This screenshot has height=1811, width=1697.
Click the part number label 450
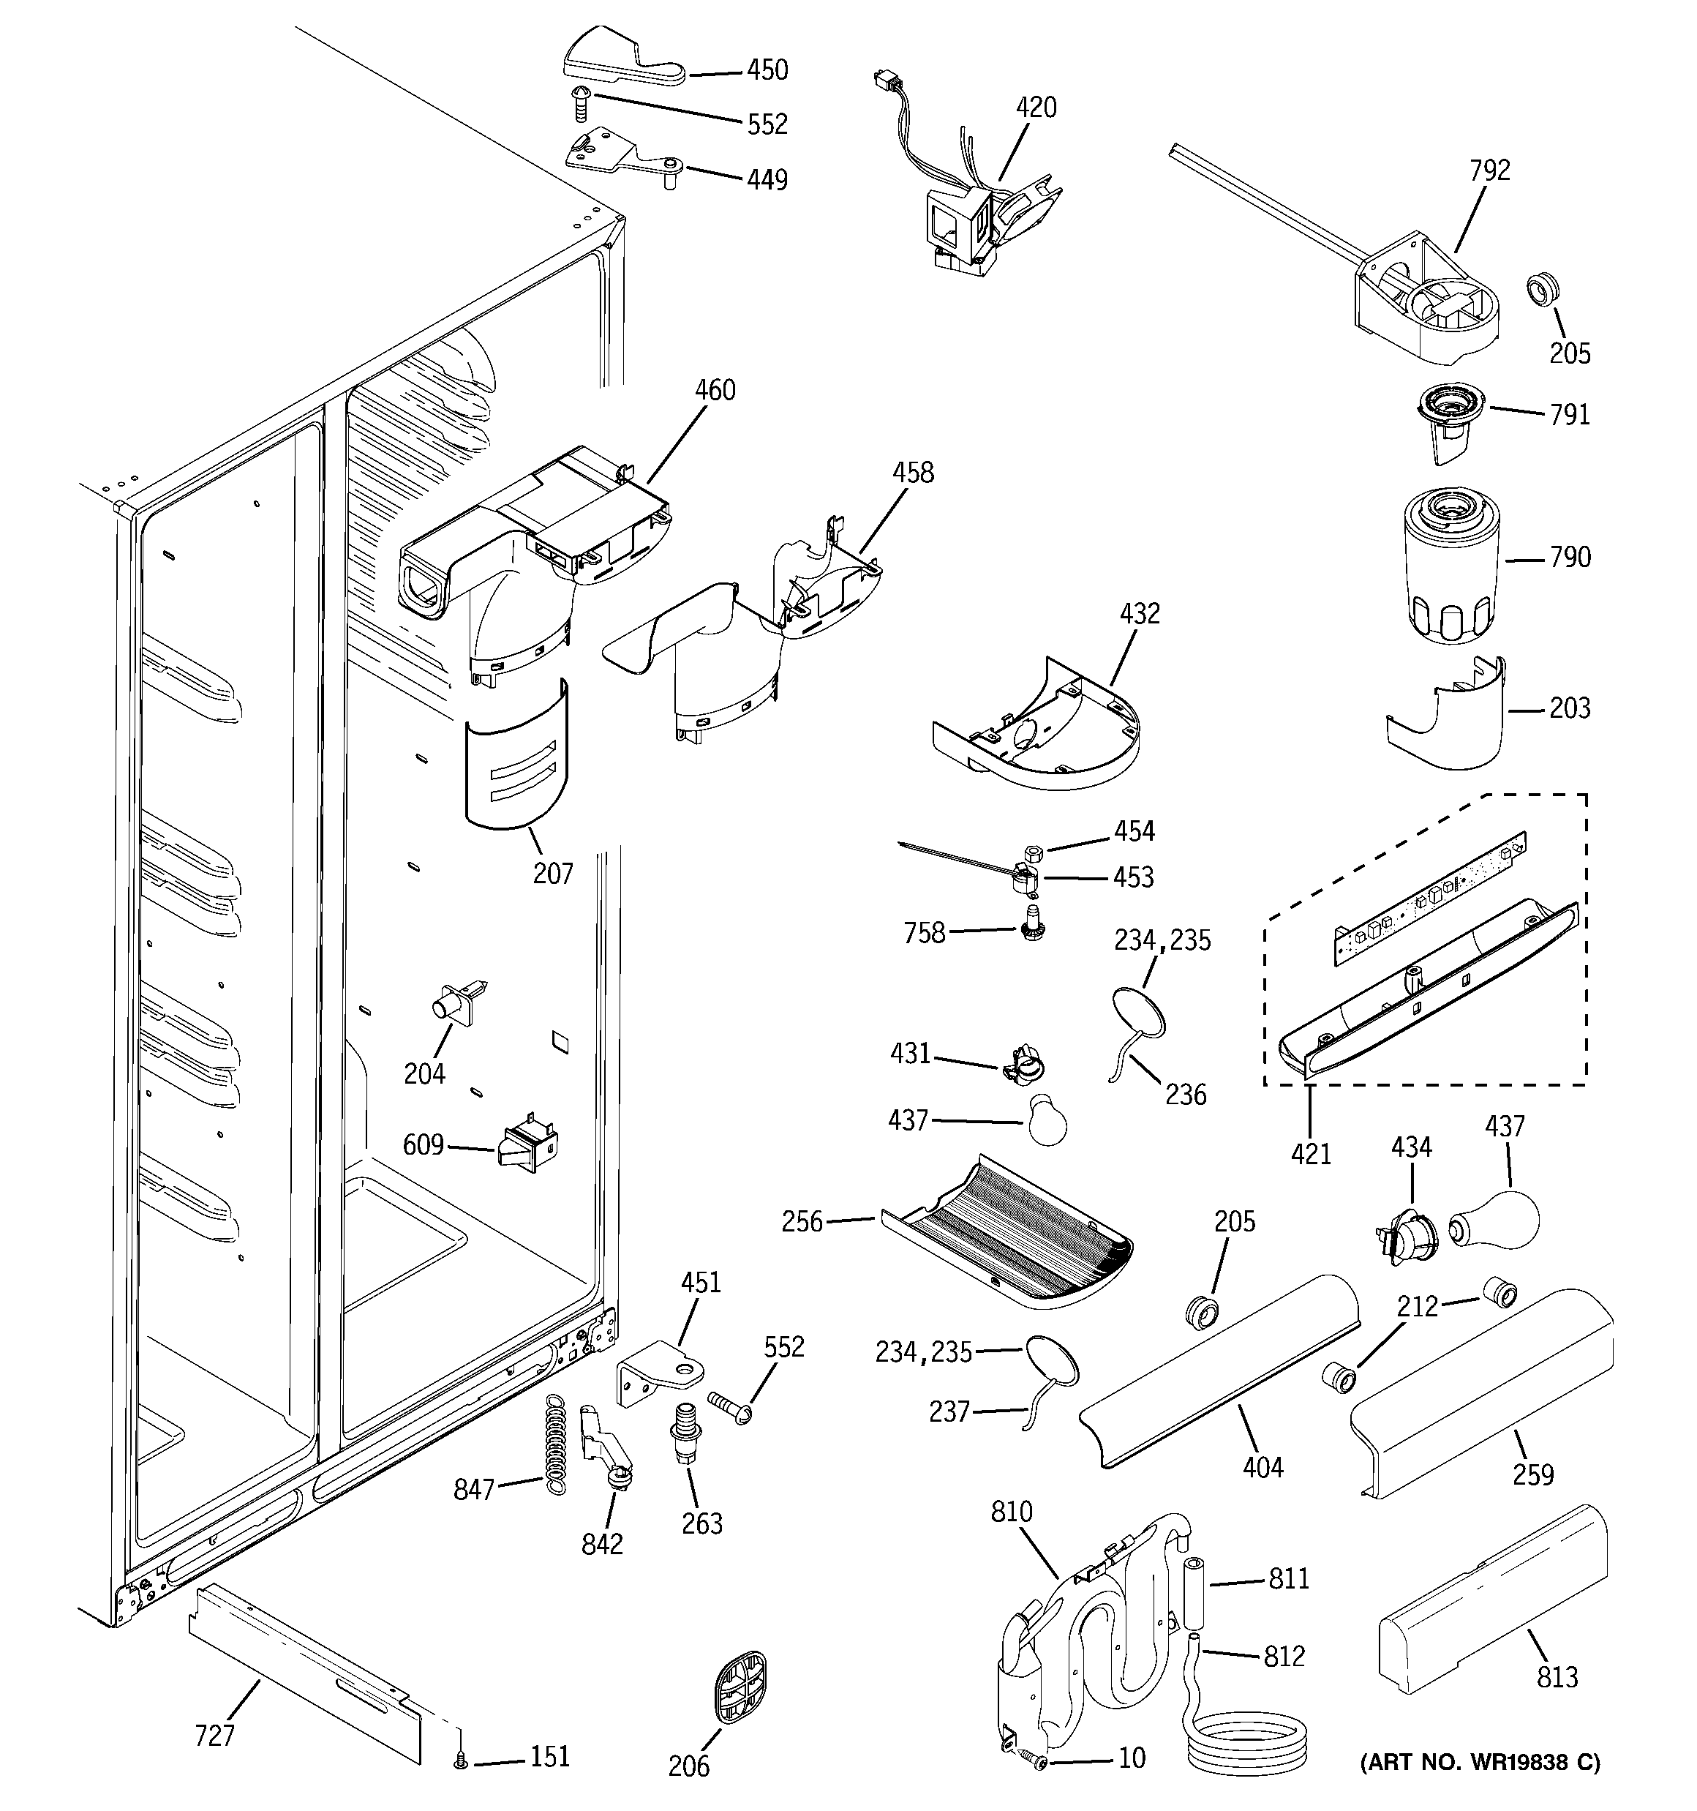767,70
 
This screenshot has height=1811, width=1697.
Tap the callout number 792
1489,170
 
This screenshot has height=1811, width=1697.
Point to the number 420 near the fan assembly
1036,108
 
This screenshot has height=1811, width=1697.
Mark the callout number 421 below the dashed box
1311,1153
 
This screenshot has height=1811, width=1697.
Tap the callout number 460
715,390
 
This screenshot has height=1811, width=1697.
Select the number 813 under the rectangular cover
1557,1676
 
